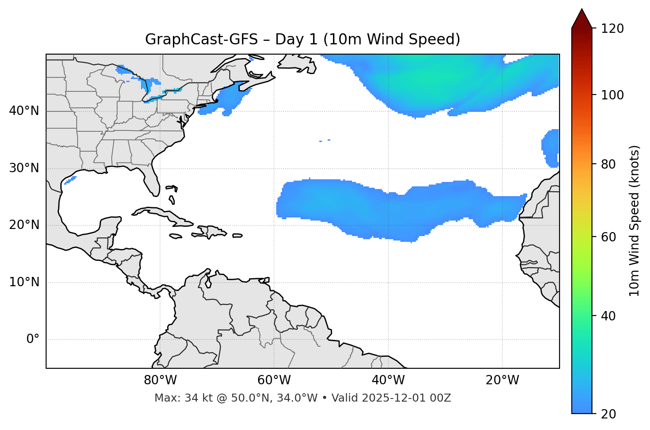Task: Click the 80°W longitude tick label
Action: (160, 380)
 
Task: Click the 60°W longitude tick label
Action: (274, 380)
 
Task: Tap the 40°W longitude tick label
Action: (388, 380)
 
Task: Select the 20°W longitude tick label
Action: (502, 380)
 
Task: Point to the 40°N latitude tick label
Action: (24, 111)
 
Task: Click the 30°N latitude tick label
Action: (24, 168)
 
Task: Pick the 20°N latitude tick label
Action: (24, 225)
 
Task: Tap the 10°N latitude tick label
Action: (24, 282)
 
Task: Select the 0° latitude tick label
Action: (33, 339)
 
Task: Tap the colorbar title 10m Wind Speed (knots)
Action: (634, 221)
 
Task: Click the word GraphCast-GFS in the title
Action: (201, 39)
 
